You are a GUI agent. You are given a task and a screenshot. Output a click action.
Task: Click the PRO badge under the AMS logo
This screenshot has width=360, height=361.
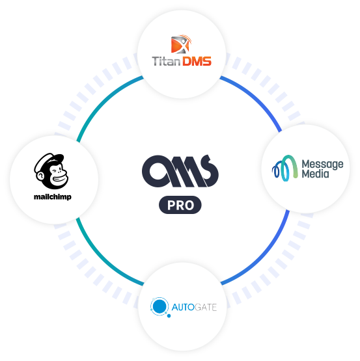(x=180, y=205)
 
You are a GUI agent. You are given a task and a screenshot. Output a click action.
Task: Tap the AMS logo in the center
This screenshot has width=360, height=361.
(x=180, y=171)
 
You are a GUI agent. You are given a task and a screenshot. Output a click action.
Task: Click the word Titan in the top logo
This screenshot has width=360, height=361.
(x=166, y=61)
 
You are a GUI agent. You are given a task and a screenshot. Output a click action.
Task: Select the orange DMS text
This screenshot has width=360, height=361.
(x=197, y=61)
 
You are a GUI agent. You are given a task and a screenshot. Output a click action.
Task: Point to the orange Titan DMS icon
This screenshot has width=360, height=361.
(x=181, y=44)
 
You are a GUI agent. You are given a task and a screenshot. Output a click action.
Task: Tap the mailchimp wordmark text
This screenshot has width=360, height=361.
(x=53, y=197)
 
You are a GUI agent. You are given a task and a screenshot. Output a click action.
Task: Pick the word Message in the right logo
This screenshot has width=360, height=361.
(x=322, y=165)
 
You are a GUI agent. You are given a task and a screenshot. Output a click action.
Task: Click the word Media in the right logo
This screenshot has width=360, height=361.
(x=315, y=174)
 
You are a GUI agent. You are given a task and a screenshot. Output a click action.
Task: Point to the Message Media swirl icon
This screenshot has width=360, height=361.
(x=285, y=168)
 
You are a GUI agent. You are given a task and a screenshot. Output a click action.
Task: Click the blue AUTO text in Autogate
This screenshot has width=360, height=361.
(x=183, y=307)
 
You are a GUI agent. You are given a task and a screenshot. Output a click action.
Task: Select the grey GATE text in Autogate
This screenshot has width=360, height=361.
(x=206, y=307)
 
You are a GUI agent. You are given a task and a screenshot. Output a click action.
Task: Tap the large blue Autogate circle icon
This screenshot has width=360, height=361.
(x=159, y=306)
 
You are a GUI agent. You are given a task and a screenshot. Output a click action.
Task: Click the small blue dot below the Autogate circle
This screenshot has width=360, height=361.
(x=169, y=316)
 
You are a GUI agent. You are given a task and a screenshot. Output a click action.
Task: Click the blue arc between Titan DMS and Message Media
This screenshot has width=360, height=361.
(x=256, y=98)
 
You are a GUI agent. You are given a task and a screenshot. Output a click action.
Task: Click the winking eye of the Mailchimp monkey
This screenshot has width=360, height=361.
(x=55, y=170)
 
